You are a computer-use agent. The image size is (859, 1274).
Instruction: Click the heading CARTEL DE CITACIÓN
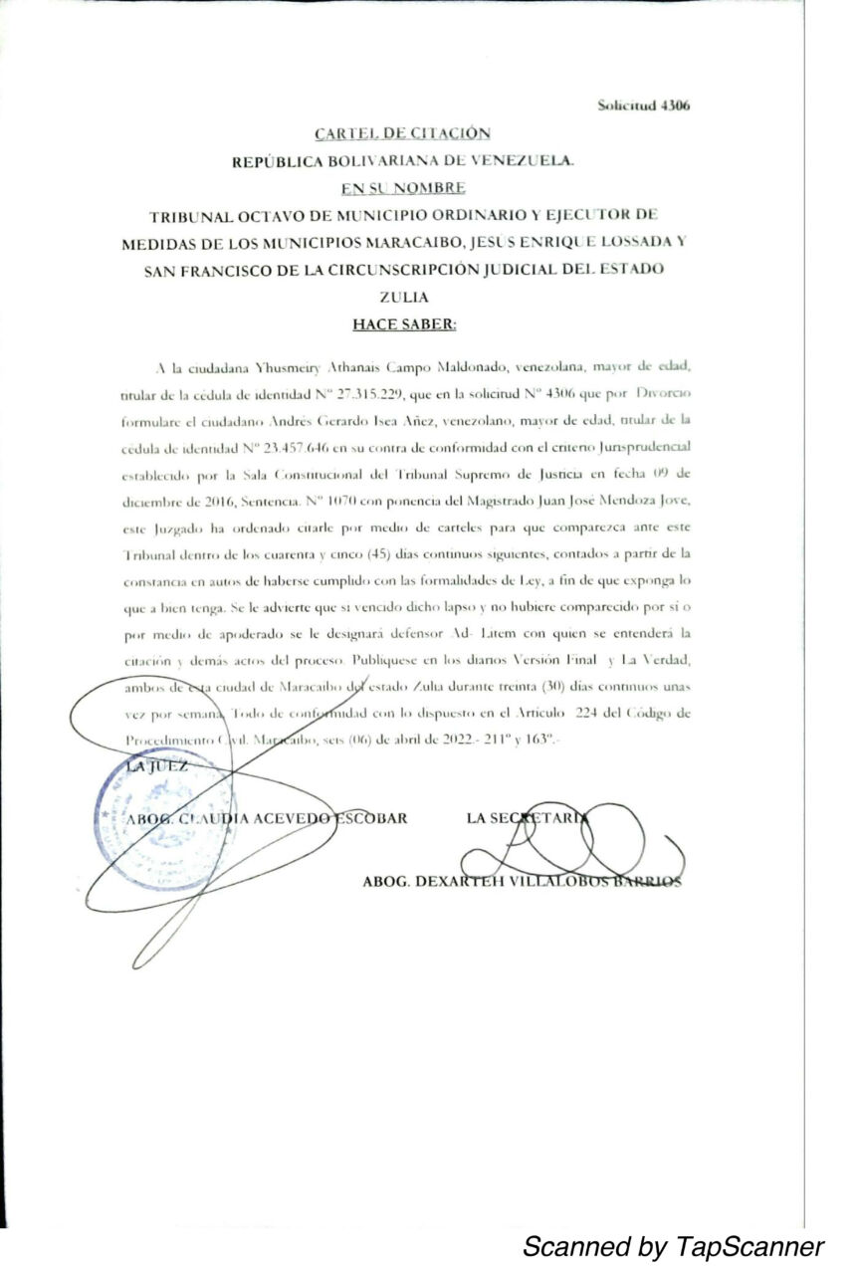pos(402,132)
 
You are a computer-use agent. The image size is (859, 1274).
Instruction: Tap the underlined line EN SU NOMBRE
pos(402,187)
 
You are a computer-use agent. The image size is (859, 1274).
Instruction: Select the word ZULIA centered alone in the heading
pos(403,297)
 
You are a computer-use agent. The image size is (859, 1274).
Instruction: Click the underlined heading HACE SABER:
pos(403,324)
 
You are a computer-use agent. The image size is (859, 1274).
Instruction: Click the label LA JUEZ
pos(156,766)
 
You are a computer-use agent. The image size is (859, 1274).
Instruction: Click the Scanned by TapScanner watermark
pos(673,1246)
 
